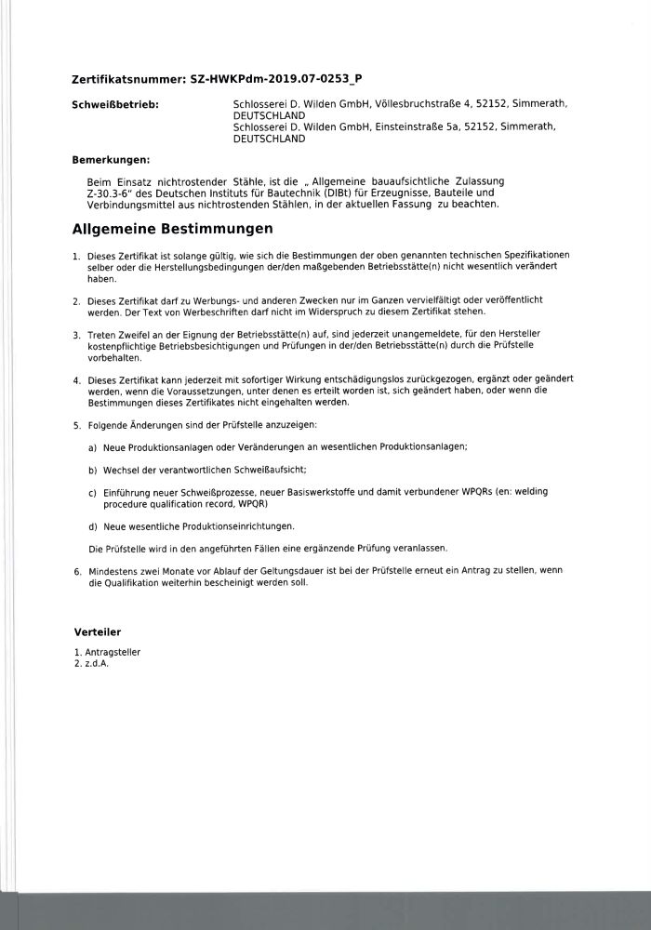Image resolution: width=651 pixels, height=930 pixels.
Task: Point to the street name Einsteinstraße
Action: pyautogui.click(x=411, y=126)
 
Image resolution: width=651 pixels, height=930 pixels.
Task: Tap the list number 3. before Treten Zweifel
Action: pyautogui.click(x=76, y=333)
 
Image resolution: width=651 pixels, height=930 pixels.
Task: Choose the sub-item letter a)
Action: pyautogui.click(x=93, y=448)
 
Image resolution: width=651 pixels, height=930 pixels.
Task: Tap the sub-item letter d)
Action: pyautogui.click(x=93, y=526)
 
